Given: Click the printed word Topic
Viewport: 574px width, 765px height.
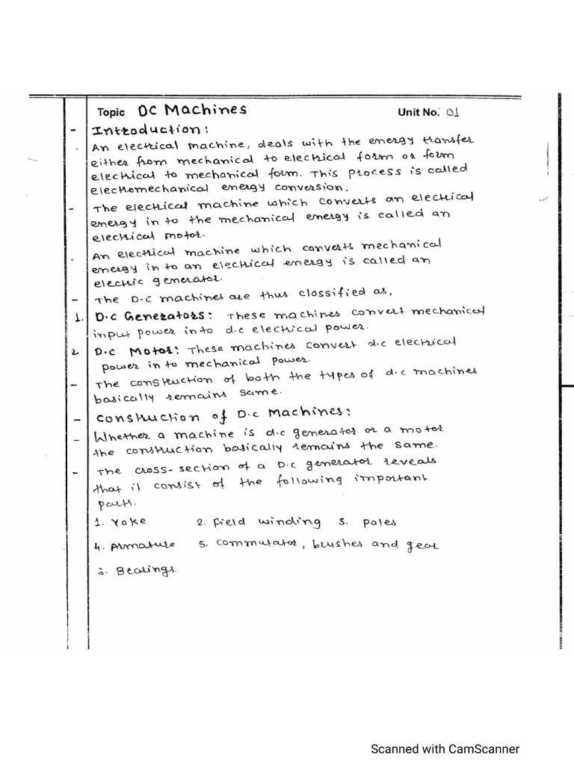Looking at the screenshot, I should (x=111, y=113).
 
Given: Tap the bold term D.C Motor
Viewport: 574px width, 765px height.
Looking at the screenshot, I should (x=138, y=348).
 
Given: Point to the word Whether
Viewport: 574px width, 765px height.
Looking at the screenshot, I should (x=121, y=435).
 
